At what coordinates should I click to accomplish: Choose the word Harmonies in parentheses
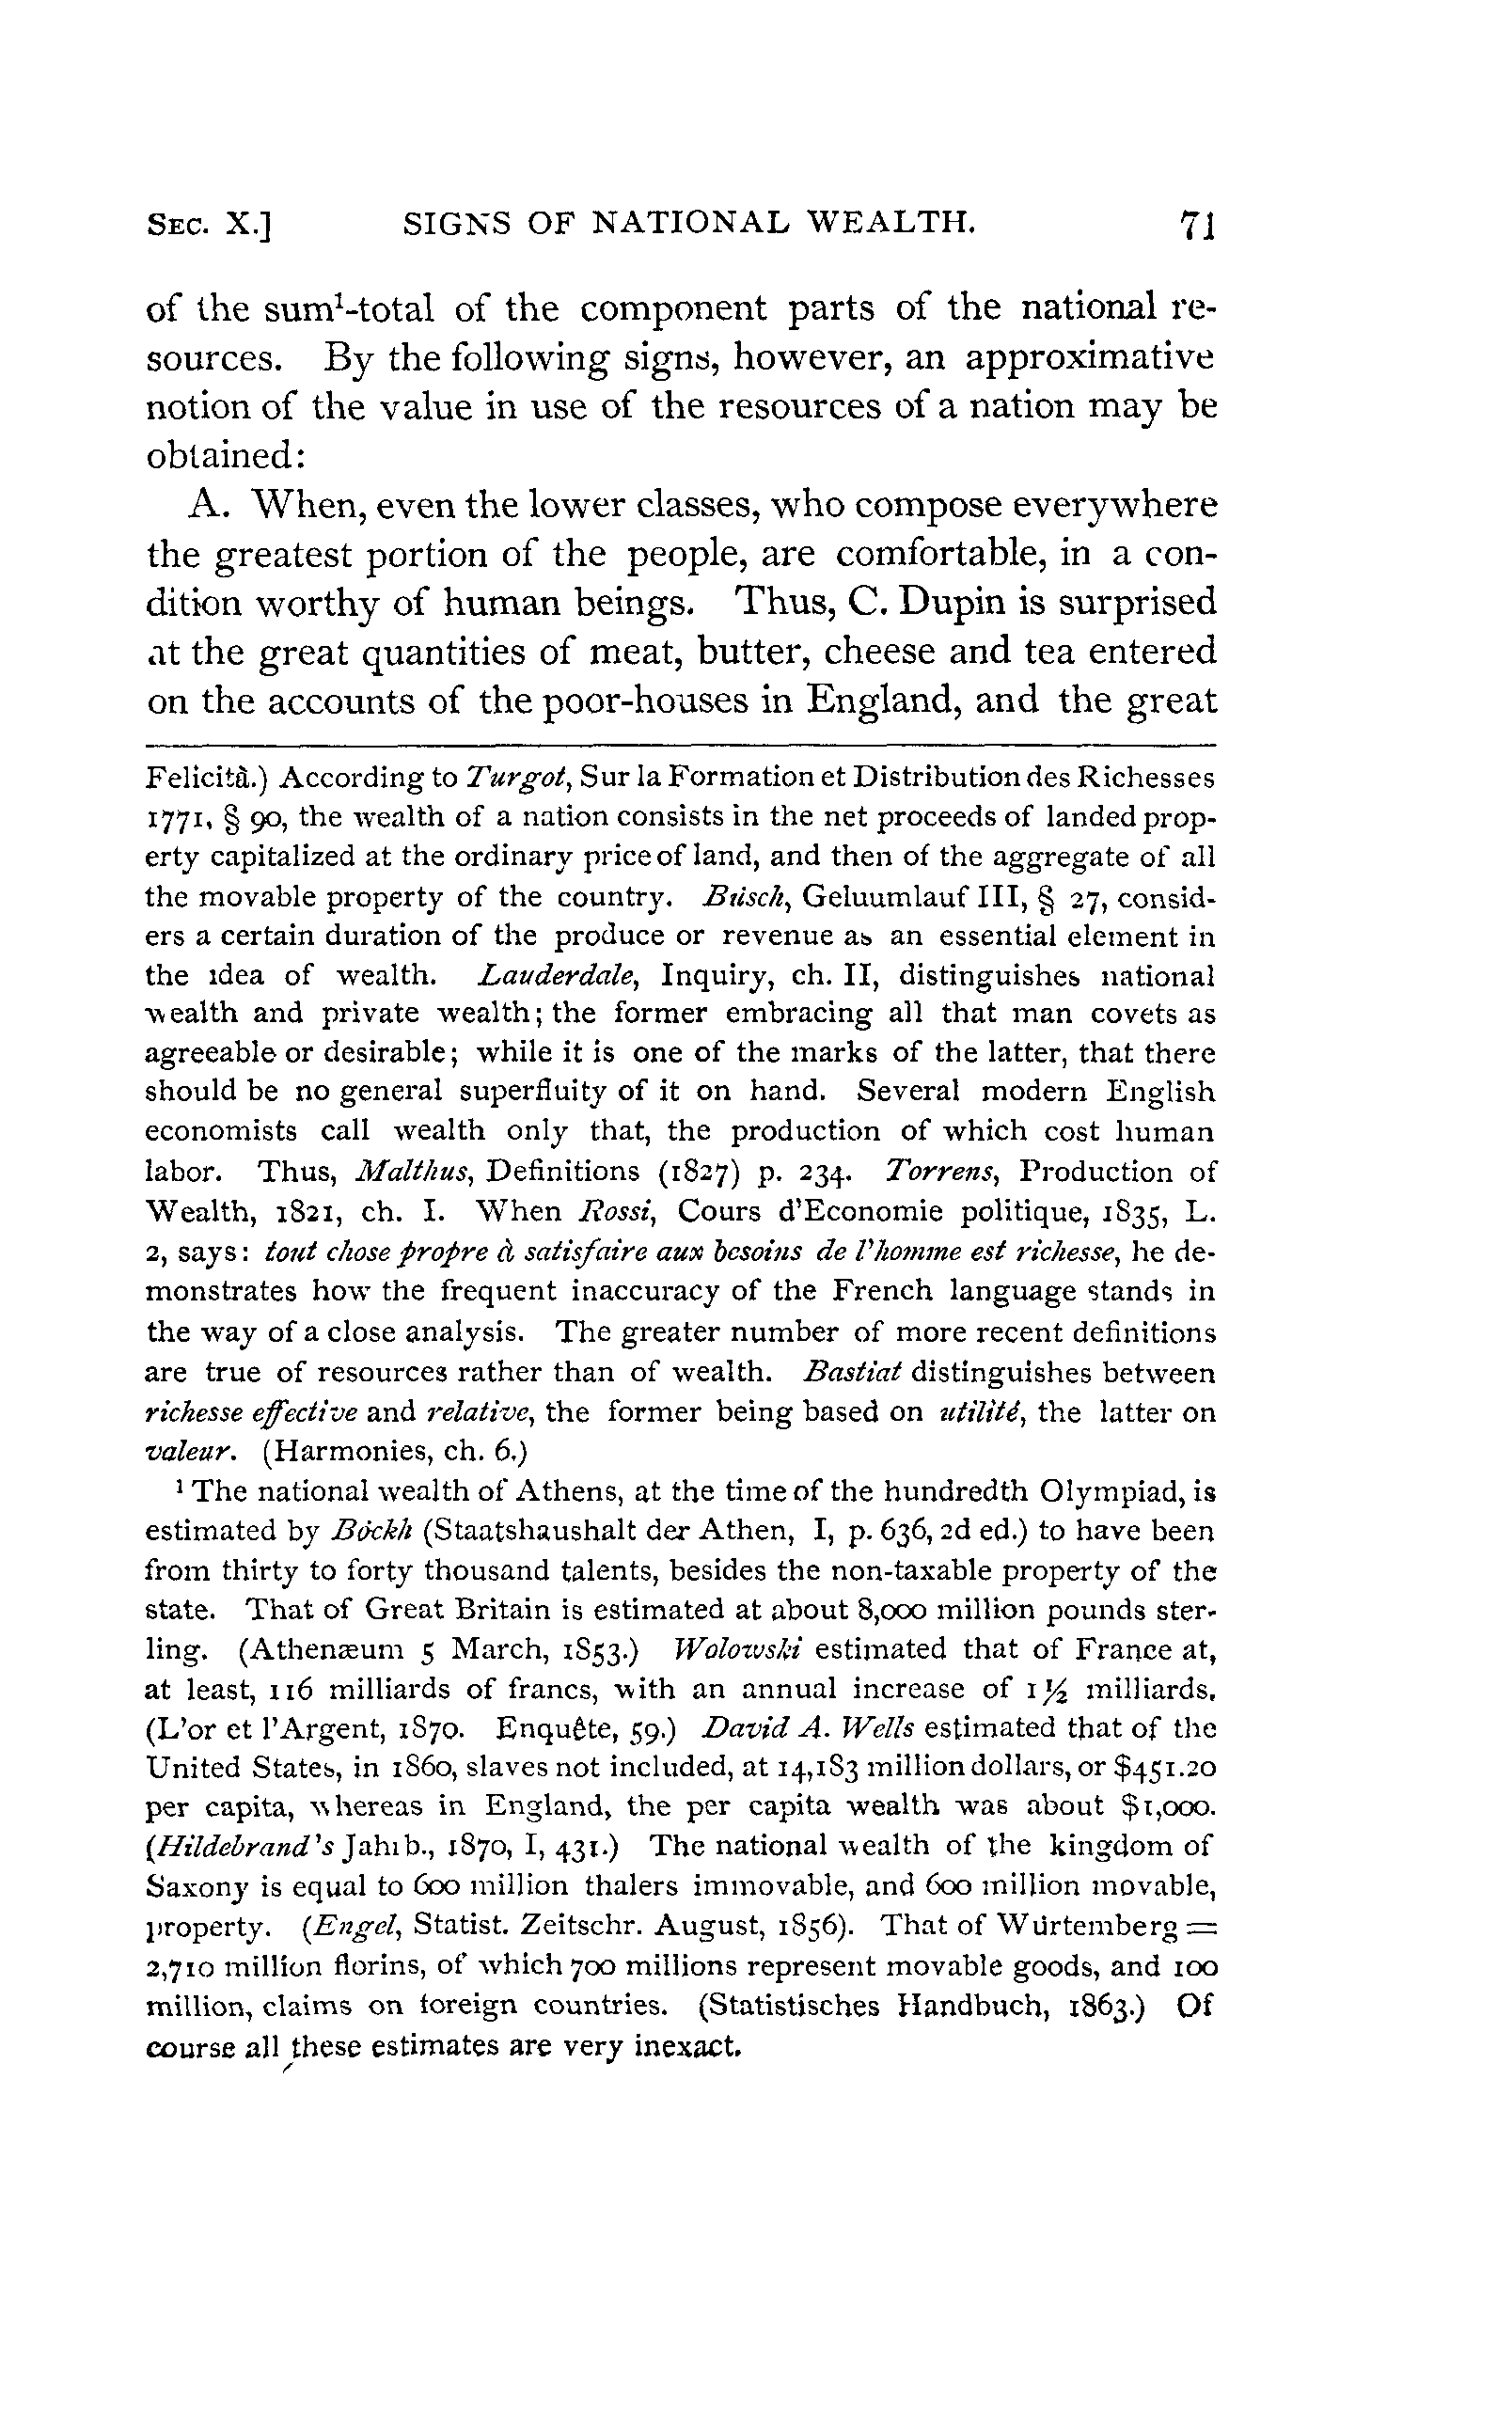pyautogui.click(x=347, y=1453)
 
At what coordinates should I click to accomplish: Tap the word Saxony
pyautogui.click(x=197, y=1887)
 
